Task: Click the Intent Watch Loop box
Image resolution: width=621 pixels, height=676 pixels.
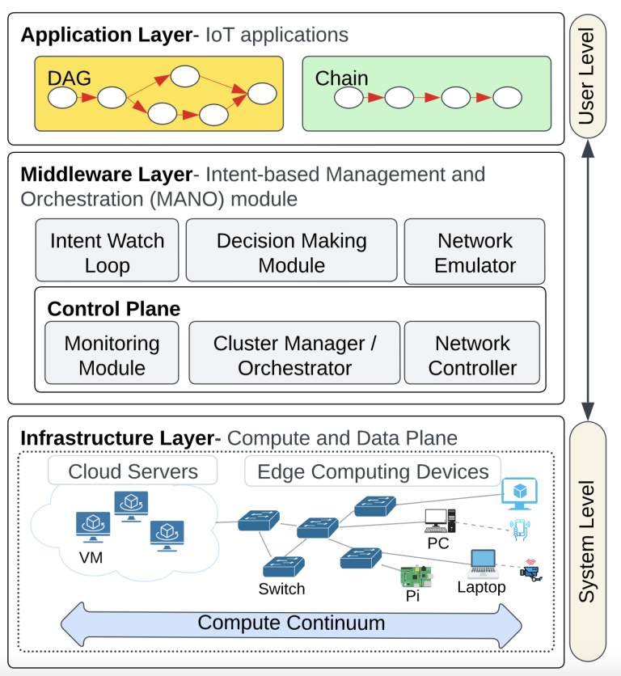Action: pyautogui.click(x=107, y=252)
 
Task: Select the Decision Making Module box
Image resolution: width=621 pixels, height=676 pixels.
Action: pyautogui.click(x=291, y=252)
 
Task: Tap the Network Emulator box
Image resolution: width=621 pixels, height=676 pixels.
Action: pyautogui.click(x=475, y=252)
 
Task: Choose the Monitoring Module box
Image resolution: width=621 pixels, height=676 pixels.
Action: pyautogui.click(x=112, y=354)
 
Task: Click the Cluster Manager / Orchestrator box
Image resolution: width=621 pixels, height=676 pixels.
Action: pyautogui.click(x=294, y=354)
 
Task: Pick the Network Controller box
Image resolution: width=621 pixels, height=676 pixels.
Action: pyautogui.click(x=472, y=354)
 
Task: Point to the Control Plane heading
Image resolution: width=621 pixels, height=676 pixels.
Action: pyautogui.click(x=113, y=309)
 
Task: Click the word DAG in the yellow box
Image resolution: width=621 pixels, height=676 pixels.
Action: pyautogui.click(x=70, y=78)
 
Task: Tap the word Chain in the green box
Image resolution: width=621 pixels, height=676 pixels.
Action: pyautogui.click(x=341, y=78)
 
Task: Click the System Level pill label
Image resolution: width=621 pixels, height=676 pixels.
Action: pyautogui.click(x=588, y=541)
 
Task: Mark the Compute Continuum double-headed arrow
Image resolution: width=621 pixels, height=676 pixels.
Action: pyautogui.click(x=291, y=623)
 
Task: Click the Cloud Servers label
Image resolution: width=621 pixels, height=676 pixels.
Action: pyautogui.click(x=133, y=471)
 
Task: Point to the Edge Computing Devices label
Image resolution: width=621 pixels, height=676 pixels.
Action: pyautogui.click(x=373, y=471)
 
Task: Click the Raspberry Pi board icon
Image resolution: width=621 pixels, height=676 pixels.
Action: pyautogui.click(x=416, y=576)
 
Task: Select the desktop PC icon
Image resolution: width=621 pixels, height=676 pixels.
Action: pyautogui.click(x=440, y=520)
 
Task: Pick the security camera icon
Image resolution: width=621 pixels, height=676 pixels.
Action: pyautogui.click(x=530, y=572)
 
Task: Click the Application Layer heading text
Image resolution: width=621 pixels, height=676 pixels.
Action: pyautogui.click(x=110, y=35)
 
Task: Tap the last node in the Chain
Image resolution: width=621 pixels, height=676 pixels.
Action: pyautogui.click(x=508, y=98)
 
